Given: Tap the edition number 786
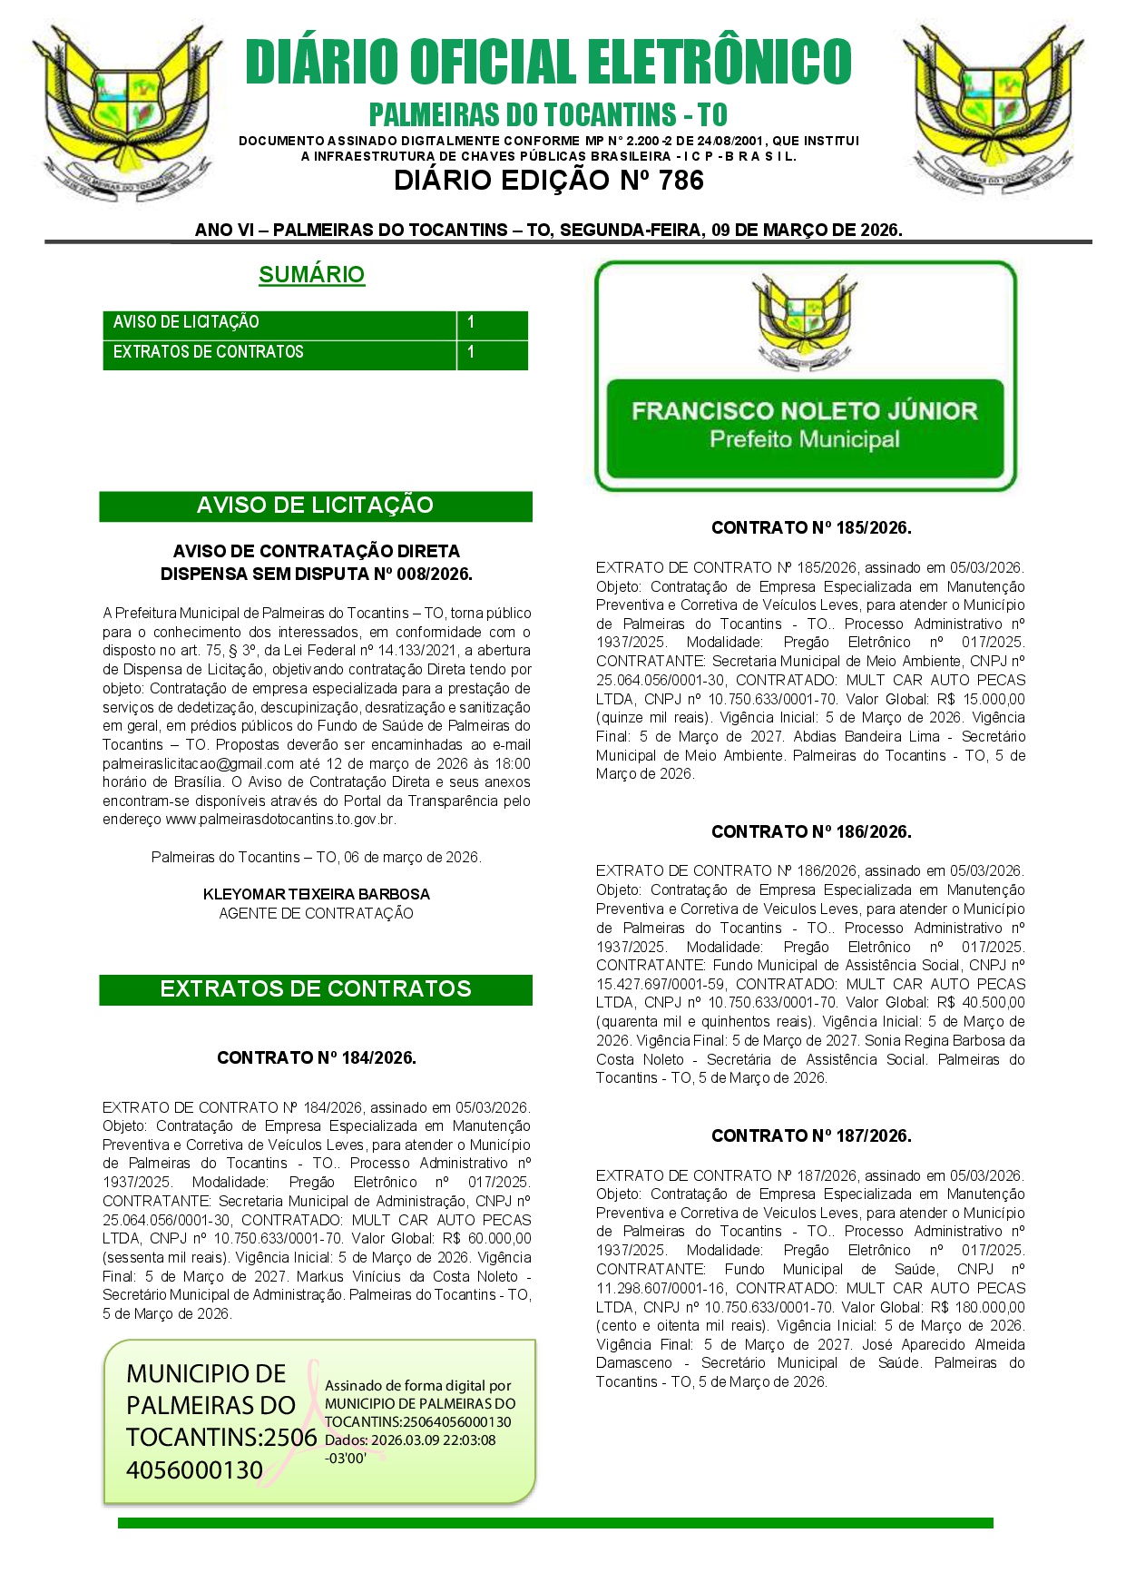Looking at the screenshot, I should tap(681, 181).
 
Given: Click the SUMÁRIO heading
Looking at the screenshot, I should tap(311, 274).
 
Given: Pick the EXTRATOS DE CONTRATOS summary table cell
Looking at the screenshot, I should tap(279, 352).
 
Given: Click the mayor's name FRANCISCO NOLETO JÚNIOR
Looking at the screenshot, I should tap(804, 411).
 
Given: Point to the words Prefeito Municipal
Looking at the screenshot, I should tap(804, 440).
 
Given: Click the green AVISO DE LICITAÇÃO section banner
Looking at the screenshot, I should tap(315, 506).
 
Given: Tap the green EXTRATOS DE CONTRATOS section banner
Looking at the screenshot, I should tap(315, 989).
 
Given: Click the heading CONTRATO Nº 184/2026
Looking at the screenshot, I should tap(316, 1057).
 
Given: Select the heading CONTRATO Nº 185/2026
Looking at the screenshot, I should tap(810, 527).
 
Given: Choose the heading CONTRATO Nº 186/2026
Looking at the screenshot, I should tap(810, 831).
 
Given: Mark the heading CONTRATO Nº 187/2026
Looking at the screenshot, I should tap(810, 1135).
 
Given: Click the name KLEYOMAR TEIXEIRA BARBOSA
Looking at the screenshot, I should tap(316, 894).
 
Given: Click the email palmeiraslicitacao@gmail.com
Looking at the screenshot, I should tap(198, 764).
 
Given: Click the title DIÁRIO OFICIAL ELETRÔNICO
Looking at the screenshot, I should tap(548, 62).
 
